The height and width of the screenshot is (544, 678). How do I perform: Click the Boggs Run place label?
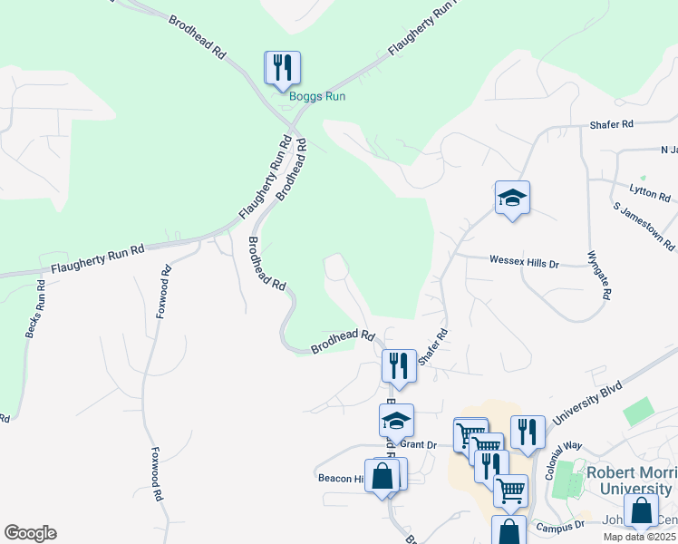[317, 96]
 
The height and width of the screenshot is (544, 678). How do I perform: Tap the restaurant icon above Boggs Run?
[282, 68]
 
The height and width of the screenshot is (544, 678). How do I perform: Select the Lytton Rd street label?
[649, 193]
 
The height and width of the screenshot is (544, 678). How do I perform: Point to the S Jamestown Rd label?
[644, 228]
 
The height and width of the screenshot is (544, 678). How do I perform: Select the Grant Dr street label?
[418, 444]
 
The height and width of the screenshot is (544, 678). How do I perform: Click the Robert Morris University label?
[633, 481]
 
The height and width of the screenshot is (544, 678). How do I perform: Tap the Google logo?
[30, 533]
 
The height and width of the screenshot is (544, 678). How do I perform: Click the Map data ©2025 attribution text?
[640, 537]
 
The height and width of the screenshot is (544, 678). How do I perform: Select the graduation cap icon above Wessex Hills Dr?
[512, 199]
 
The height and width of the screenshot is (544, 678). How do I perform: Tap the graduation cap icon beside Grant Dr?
[396, 422]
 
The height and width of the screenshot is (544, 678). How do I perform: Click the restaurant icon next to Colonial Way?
[527, 432]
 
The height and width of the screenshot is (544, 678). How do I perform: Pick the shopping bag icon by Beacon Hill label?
[383, 476]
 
